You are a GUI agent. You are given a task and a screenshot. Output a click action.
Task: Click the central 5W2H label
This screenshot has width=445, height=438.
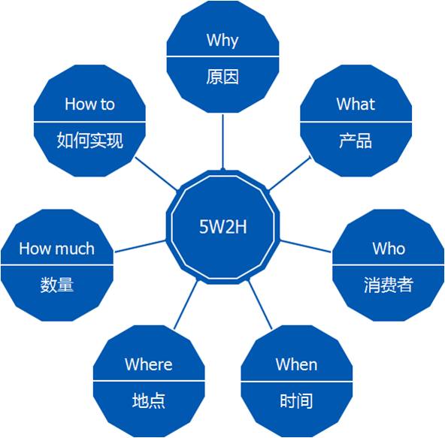(222, 227)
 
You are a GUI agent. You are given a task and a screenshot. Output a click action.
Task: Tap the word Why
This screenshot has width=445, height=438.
(222, 41)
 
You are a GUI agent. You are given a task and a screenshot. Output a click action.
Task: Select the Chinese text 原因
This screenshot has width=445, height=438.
(222, 77)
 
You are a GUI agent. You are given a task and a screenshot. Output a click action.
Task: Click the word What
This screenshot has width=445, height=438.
(356, 104)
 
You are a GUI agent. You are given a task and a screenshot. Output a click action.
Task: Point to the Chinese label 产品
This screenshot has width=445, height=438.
(356, 140)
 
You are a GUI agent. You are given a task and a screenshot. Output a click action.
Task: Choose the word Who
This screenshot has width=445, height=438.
(389, 249)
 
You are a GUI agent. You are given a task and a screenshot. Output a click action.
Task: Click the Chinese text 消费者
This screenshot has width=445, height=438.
(388, 285)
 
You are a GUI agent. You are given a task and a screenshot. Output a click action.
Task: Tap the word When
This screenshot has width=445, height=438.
(296, 364)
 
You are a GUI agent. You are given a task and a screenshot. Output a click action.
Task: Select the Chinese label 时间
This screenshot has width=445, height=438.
(296, 401)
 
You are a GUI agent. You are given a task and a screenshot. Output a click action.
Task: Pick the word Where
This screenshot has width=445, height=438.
(148, 364)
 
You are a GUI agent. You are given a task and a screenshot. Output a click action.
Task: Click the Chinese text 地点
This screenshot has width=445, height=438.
(148, 401)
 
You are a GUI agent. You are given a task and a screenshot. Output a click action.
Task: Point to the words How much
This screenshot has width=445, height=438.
(57, 249)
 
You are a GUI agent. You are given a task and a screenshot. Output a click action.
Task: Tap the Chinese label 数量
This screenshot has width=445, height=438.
(57, 285)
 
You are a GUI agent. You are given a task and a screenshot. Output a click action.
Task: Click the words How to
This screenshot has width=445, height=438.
(89, 104)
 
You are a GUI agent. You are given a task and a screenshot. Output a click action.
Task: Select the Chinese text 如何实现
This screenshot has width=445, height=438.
(89, 140)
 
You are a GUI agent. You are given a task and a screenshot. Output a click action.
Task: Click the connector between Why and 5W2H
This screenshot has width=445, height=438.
(222, 142)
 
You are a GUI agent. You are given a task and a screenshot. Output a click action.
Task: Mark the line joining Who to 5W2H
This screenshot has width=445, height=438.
(305, 246)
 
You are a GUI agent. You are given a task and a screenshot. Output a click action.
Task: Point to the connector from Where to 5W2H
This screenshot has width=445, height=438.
(186, 305)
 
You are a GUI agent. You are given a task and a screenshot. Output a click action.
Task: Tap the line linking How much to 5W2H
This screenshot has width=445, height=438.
(140, 246)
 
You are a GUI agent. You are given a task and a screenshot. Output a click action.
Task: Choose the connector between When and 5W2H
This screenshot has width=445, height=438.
(260, 305)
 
